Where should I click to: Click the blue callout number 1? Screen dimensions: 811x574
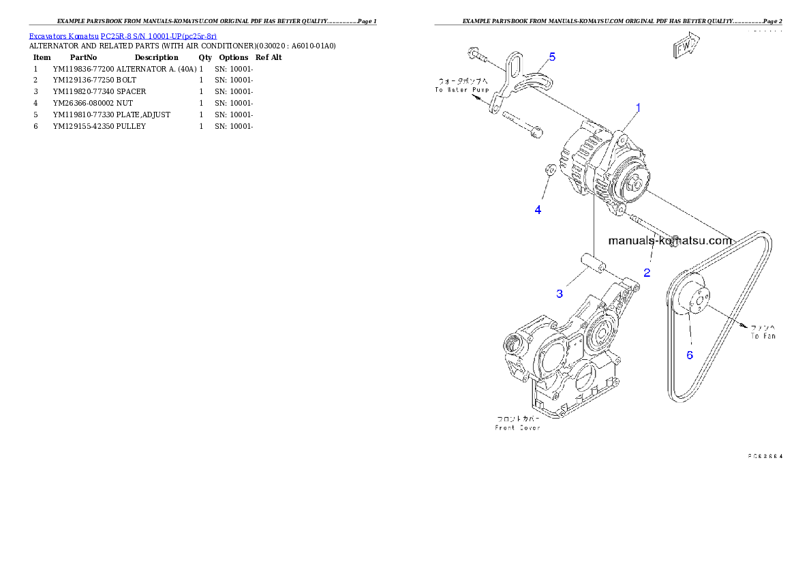coord(639,108)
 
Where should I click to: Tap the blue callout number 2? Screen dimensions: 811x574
coord(647,273)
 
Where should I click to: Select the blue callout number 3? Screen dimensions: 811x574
coord(560,293)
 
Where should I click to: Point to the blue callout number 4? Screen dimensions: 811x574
coord(538,210)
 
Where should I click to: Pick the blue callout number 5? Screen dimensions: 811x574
coord(552,57)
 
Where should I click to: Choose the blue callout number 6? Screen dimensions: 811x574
coord(689,354)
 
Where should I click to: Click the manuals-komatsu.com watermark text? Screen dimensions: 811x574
coord(670,240)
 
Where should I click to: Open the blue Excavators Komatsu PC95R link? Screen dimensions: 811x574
coord(123,36)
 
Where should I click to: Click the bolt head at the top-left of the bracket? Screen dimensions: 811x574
coord(472,52)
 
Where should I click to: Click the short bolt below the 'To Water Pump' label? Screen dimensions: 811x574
coord(521,125)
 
